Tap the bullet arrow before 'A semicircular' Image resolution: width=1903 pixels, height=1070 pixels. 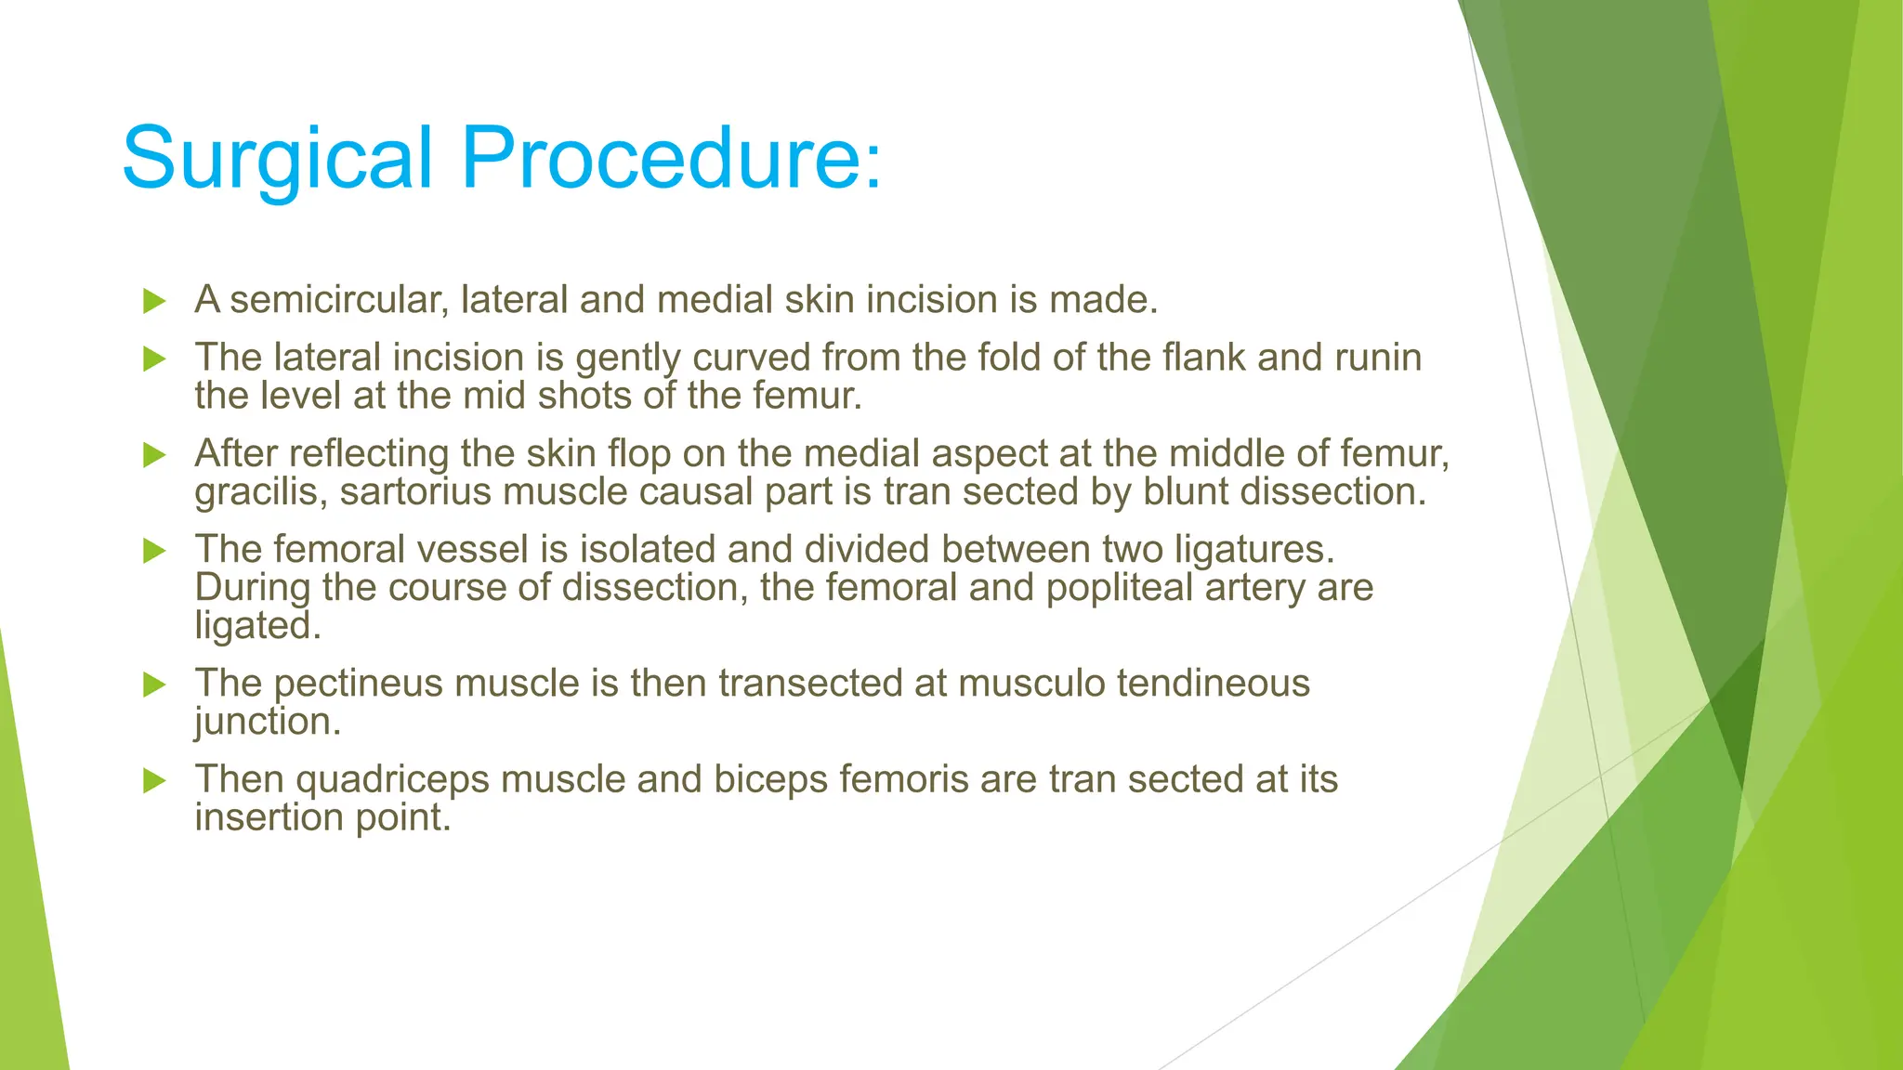point(154,301)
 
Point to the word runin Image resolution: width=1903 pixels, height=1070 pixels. point(1378,358)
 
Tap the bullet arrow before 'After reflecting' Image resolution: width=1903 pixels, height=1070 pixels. point(154,455)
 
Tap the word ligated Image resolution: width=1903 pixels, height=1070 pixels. point(257,627)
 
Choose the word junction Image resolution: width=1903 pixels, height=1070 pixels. point(267,723)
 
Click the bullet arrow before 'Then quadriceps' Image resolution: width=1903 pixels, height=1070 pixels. point(154,781)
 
